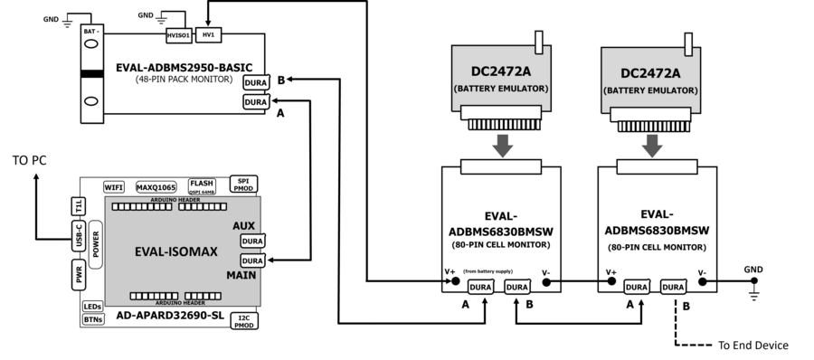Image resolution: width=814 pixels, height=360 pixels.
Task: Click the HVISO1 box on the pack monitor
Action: point(177,36)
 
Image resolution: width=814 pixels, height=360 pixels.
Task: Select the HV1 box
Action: point(209,35)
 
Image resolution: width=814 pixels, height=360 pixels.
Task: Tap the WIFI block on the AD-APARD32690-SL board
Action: point(114,187)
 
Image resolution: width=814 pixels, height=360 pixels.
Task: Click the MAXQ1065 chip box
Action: point(153,187)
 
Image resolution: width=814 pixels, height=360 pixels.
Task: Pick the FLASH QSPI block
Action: point(202,186)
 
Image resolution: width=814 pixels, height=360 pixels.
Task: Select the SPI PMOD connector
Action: point(242,185)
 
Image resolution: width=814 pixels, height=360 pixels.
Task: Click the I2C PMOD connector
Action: point(242,321)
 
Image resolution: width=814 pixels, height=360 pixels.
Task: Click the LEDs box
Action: point(92,307)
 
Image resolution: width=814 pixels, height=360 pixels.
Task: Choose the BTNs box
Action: point(92,319)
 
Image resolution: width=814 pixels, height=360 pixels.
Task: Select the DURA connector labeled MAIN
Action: point(252,261)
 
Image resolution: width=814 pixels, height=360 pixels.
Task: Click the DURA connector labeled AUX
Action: point(252,242)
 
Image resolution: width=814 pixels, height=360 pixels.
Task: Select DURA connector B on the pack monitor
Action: point(256,82)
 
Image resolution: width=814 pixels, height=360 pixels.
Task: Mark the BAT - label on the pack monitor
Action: point(90,32)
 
